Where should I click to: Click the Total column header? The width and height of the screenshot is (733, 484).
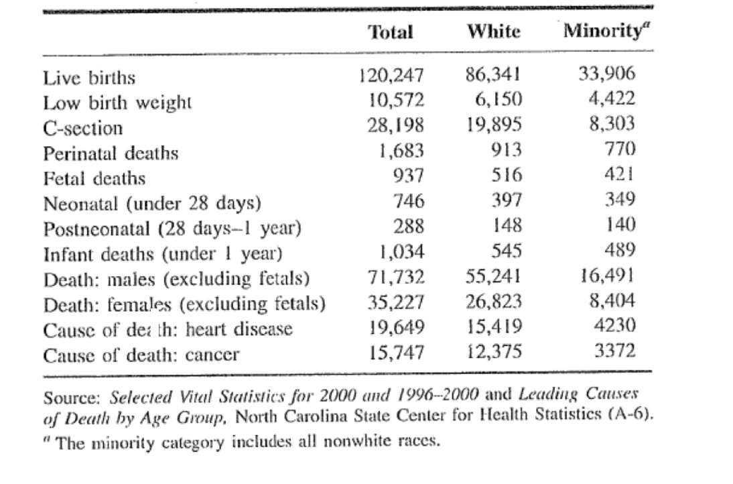[391, 32]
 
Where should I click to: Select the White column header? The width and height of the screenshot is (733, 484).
[494, 32]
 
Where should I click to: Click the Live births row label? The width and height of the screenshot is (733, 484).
[89, 78]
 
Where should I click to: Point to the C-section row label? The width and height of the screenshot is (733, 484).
[83, 128]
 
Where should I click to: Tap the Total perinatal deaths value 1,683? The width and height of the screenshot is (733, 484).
[401, 150]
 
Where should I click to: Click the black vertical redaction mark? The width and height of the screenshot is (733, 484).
[155, 325]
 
